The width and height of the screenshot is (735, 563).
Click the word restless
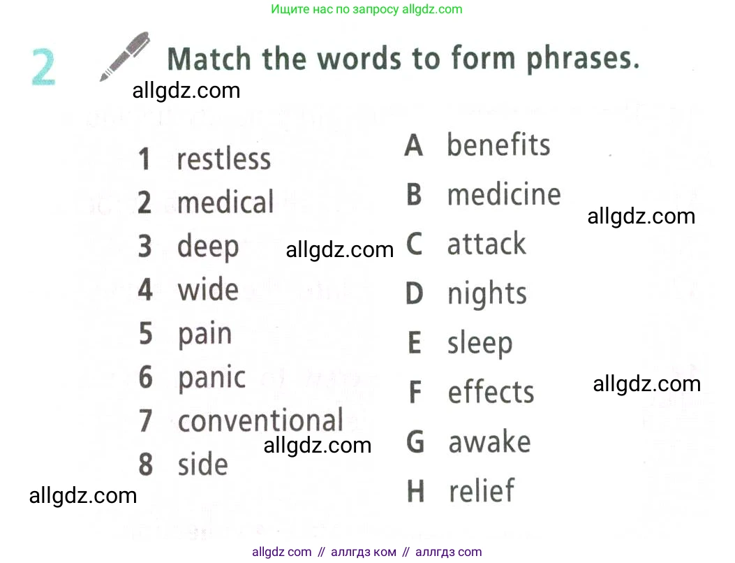pyautogui.click(x=223, y=159)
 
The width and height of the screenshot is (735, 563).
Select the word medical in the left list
pyautogui.click(x=225, y=202)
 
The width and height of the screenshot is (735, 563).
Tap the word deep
pyautogui.click(x=207, y=247)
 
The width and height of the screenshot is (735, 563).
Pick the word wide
pyautogui.click(x=208, y=289)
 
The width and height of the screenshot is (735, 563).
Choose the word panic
pyautogui.click(x=212, y=378)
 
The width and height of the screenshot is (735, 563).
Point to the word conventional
pyautogui.click(x=260, y=420)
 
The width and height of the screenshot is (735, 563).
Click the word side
pyautogui.click(x=203, y=464)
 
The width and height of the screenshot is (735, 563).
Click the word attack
pyautogui.click(x=487, y=244)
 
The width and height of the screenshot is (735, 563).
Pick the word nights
pyautogui.click(x=487, y=295)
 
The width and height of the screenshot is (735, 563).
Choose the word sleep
pyautogui.click(x=480, y=344)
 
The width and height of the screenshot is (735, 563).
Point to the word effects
pyautogui.click(x=491, y=392)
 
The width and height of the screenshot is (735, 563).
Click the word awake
pyautogui.click(x=490, y=441)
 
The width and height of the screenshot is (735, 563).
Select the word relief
pyautogui.click(x=482, y=490)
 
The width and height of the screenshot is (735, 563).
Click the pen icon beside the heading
pyautogui.click(x=125, y=57)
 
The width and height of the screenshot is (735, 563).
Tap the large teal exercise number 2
pyautogui.click(x=43, y=66)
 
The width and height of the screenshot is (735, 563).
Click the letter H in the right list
pyautogui.click(x=416, y=491)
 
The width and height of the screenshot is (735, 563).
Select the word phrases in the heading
pyautogui.click(x=583, y=59)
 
